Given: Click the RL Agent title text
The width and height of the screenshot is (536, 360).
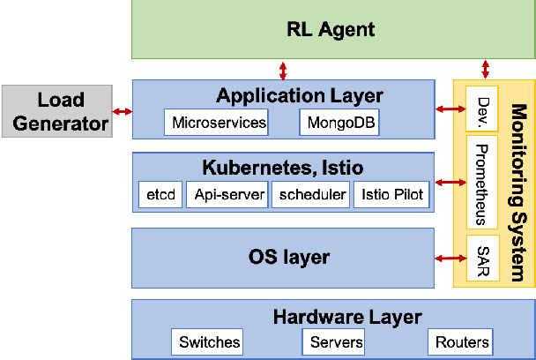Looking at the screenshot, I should pyautogui.click(x=331, y=29).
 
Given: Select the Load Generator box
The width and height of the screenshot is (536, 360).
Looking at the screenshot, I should pyautogui.click(x=56, y=111).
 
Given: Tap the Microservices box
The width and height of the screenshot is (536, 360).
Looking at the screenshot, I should pyautogui.click(x=219, y=123).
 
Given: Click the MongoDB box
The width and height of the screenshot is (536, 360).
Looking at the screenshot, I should pyautogui.click(x=339, y=123).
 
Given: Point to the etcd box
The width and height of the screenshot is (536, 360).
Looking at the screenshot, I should pyautogui.click(x=159, y=195).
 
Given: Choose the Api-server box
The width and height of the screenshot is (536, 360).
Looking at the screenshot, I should pyautogui.click(x=227, y=195).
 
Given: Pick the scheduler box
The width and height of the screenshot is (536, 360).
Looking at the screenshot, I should pyautogui.click(x=309, y=195).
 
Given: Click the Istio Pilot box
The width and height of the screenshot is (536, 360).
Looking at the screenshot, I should pyautogui.click(x=391, y=195).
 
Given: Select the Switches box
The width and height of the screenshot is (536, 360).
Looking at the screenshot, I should pyautogui.click(x=209, y=341).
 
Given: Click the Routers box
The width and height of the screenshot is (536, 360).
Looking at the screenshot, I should pyautogui.click(x=461, y=341).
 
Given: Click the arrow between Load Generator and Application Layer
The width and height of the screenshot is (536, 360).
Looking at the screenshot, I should pyautogui.click(x=122, y=111).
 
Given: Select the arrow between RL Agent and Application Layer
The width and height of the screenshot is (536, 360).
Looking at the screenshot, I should pyautogui.click(x=282, y=70).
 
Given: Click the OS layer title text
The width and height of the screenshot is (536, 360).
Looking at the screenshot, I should pyautogui.click(x=283, y=258).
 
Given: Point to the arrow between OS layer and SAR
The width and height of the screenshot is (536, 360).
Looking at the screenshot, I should pyautogui.click(x=450, y=258).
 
